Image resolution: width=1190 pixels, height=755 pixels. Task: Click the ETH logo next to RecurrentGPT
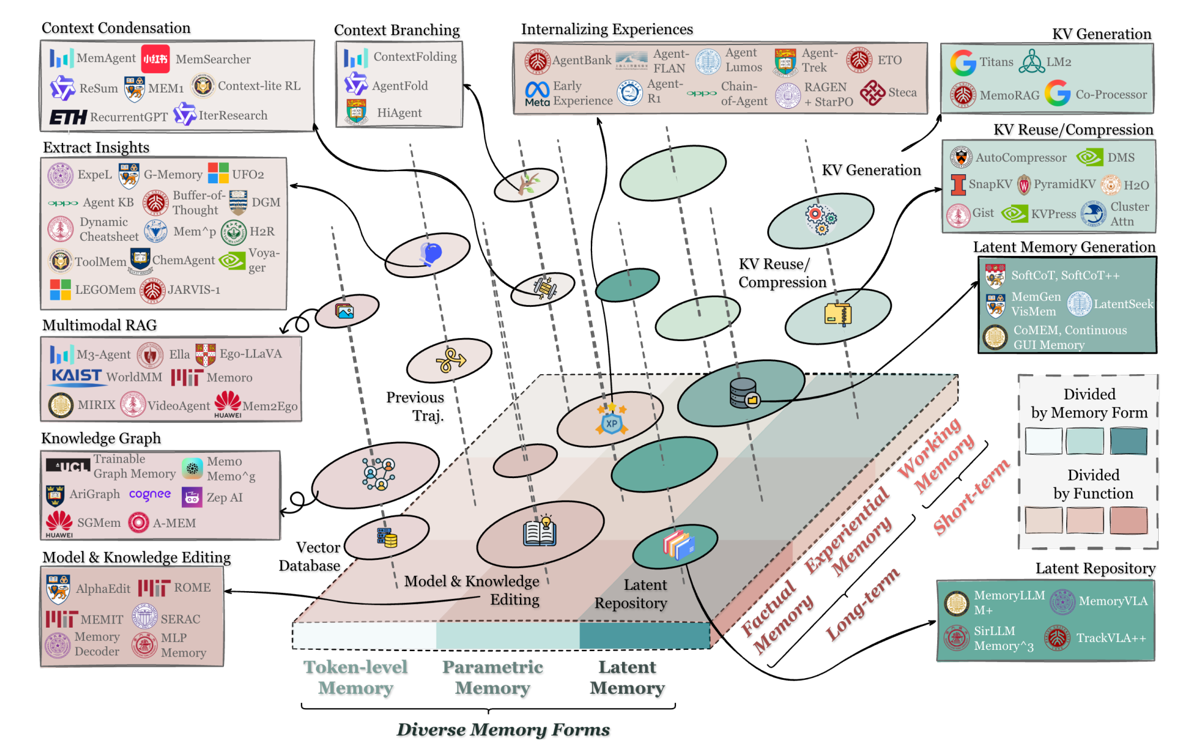[67, 117]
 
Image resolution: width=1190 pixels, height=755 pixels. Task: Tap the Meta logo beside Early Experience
[537, 93]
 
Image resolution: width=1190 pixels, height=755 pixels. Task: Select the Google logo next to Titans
[963, 62]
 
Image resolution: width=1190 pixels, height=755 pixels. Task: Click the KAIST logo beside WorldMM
[76, 377]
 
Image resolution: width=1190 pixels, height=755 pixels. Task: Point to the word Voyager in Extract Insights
[264, 260]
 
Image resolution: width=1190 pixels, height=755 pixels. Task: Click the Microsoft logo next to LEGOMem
[60, 290]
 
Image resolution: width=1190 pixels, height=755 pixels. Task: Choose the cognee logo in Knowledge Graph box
[150, 494]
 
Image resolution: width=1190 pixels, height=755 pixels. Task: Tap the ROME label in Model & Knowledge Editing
[192, 587]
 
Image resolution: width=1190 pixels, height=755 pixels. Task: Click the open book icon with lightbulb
[540, 531]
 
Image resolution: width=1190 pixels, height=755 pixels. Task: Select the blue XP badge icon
[611, 420]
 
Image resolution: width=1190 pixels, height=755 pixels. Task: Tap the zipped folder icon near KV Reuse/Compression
[838, 314]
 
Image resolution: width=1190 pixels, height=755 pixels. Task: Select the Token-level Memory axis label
[355, 677]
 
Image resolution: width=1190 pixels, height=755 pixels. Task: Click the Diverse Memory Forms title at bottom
[503, 729]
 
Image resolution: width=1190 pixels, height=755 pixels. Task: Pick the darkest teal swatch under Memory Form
[1128, 441]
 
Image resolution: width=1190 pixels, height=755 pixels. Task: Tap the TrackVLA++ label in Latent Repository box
[1111, 638]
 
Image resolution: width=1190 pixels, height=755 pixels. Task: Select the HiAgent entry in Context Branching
[399, 113]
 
